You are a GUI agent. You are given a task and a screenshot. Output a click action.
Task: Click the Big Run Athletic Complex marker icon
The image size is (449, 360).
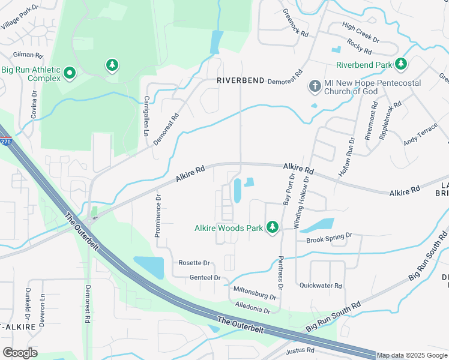click(x=70, y=74)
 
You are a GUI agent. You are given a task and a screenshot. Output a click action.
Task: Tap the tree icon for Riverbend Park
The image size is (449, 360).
click(x=401, y=64)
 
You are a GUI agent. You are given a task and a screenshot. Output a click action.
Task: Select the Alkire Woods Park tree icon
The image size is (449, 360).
click(x=273, y=227)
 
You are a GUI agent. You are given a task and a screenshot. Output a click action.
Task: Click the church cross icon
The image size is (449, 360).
click(x=314, y=86)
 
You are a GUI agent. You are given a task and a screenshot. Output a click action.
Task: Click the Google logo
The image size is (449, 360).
click(x=20, y=353)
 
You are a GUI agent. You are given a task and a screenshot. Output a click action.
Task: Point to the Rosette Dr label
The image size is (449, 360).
click(x=194, y=263)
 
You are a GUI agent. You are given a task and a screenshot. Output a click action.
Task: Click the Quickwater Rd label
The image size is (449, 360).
click(x=321, y=286)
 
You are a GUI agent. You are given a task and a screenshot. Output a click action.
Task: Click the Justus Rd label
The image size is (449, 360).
click(x=301, y=350)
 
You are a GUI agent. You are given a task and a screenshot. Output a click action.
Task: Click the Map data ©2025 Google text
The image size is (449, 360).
click(x=412, y=355)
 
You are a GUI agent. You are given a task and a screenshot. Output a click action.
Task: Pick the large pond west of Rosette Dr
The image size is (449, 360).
click(x=148, y=267)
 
